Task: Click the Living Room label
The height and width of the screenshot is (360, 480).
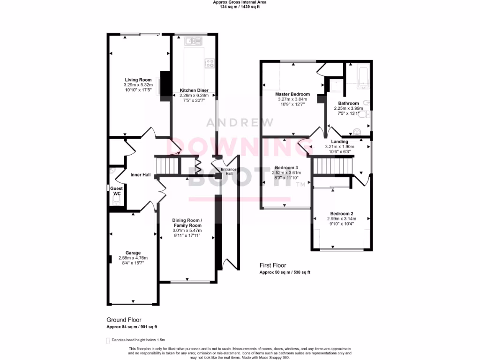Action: point(138,80)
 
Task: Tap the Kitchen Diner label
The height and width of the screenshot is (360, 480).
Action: point(194,90)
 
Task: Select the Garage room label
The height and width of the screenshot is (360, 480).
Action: point(133,253)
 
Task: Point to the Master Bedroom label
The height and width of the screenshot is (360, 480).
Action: point(292,94)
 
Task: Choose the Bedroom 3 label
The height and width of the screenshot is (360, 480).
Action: point(286,167)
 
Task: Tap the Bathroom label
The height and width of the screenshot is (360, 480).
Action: point(348,103)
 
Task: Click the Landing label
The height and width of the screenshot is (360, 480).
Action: point(340,142)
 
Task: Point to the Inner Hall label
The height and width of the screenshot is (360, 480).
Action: point(141,175)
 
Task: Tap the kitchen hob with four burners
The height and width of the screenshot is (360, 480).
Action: point(209,62)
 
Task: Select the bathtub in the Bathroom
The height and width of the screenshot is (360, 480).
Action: point(363,77)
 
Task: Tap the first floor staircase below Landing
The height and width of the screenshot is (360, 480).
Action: point(332,165)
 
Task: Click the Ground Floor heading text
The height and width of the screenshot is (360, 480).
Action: point(124,320)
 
